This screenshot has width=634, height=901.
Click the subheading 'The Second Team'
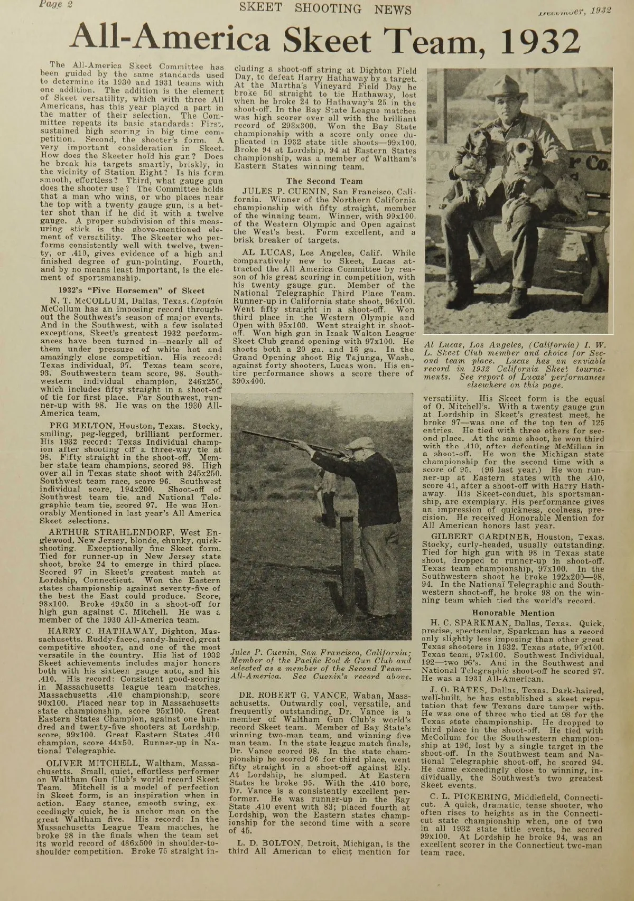(x=324, y=181)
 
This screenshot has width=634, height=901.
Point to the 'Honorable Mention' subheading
(x=513, y=613)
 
